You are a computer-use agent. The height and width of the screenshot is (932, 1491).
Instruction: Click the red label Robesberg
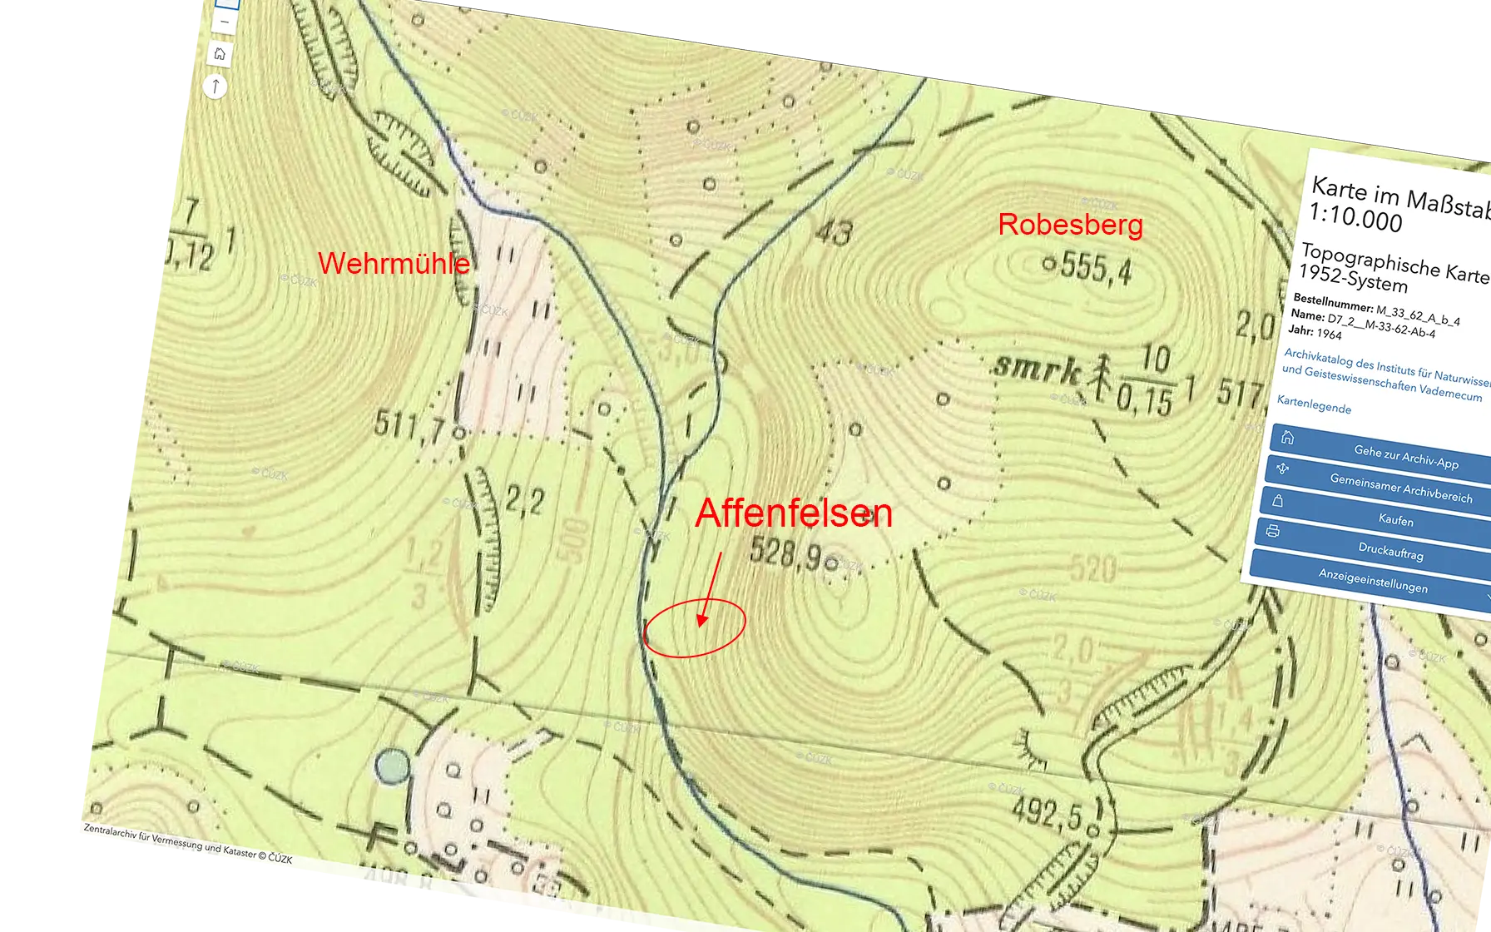click(1070, 225)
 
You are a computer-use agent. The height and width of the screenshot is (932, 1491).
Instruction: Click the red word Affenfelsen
click(794, 513)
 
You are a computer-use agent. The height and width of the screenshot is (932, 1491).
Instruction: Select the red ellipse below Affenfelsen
click(695, 628)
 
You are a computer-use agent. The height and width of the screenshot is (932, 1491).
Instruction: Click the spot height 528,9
click(786, 553)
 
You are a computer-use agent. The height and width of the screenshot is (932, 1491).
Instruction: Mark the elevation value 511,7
click(409, 426)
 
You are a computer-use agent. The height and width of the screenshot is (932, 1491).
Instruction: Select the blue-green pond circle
click(392, 766)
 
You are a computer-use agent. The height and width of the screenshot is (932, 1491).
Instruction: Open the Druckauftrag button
click(1389, 551)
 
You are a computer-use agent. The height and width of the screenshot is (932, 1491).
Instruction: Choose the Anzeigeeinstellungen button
click(1373, 580)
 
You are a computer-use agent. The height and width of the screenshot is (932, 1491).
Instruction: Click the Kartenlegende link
click(1314, 405)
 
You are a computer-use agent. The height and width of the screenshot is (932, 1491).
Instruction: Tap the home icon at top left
click(220, 54)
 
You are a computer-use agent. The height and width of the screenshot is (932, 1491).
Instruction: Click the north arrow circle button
click(215, 86)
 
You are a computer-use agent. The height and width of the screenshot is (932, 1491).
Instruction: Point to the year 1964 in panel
click(1329, 334)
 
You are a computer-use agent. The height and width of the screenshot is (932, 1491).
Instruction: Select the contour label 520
click(1092, 569)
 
